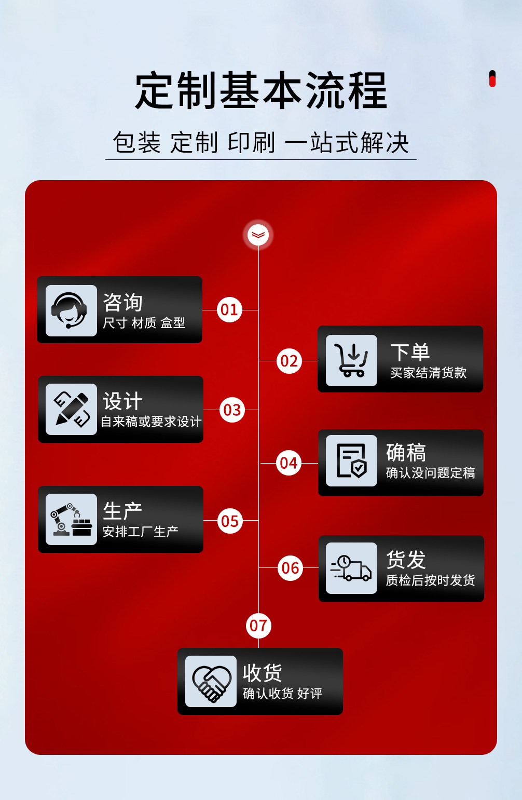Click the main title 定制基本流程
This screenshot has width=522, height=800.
tap(261, 91)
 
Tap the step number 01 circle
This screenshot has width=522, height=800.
tap(229, 310)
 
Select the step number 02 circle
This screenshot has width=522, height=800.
tap(289, 361)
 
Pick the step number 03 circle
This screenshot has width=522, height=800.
tap(232, 410)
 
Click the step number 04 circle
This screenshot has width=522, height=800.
tap(289, 463)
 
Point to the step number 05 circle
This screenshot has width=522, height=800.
tap(230, 521)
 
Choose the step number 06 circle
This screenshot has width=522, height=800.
tap(290, 568)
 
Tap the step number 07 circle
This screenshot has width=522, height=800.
tap(258, 626)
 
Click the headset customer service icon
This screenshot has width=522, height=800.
tap(71, 310)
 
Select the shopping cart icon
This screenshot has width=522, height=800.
tap(351, 360)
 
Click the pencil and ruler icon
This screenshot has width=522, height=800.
tap(71, 409)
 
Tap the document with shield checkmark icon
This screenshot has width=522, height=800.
tap(351, 460)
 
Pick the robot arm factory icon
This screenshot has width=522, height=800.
tap(71, 519)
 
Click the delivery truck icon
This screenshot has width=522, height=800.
tap(351, 568)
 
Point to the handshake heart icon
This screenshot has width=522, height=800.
tap(211, 681)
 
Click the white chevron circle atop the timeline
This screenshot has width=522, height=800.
tap(258, 235)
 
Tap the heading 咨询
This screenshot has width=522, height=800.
tap(122, 302)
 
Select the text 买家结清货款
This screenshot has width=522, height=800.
tap(428, 373)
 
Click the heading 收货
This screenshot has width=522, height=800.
tap(263, 673)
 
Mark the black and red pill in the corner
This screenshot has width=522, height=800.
tap(492, 79)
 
